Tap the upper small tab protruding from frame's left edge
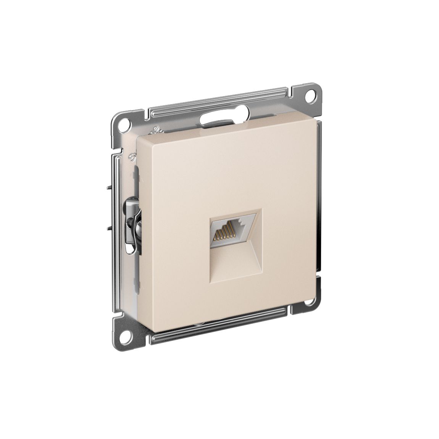(x=108, y=188)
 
